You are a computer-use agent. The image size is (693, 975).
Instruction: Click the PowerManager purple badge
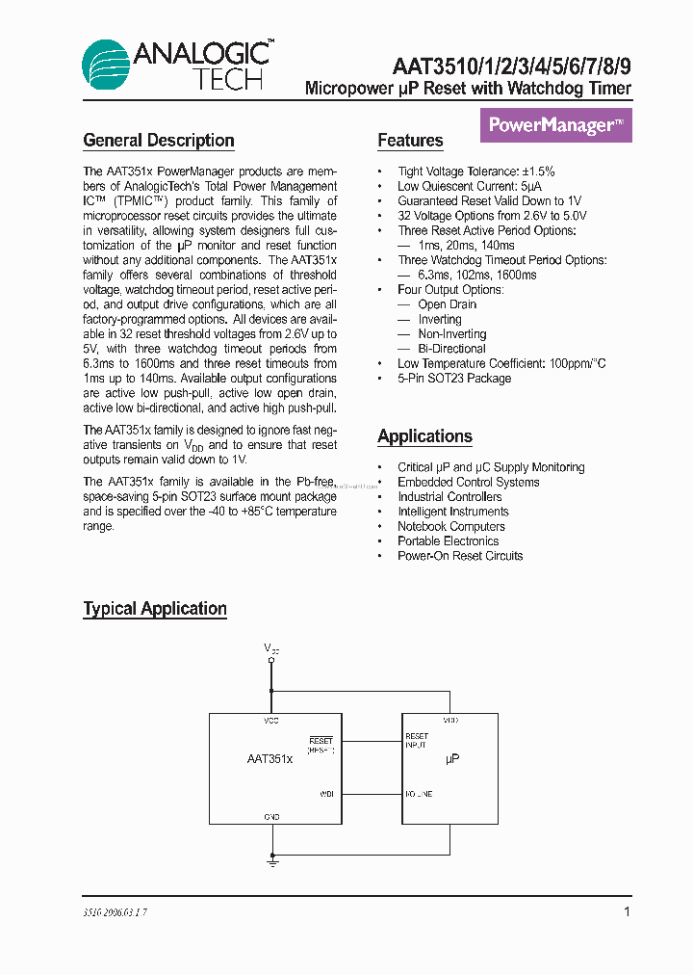[x=555, y=125]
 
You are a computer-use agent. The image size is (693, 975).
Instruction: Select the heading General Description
[x=159, y=141]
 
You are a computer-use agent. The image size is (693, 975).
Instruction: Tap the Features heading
[x=410, y=141]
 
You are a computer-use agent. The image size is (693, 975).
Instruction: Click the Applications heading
[x=424, y=436]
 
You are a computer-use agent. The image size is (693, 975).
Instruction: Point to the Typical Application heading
[x=155, y=609]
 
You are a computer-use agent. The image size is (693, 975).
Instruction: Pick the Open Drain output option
[x=447, y=304]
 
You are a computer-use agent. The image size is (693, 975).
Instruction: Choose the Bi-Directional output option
[x=451, y=349]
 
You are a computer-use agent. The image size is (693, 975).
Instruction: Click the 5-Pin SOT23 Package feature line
[x=454, y=379]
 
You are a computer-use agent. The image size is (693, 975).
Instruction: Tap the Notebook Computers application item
[x=450, y=526]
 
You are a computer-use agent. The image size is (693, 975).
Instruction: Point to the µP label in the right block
[x=451, y=759]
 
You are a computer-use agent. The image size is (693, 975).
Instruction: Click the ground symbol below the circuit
[x=272, y=863]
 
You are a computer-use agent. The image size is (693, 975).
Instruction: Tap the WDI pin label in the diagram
[x=326, y=795]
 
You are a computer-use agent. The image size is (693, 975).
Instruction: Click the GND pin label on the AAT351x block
[x=272, y=816]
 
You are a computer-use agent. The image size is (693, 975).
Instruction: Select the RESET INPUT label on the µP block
[x=417, y=740]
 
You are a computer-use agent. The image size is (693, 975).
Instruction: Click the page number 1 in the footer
[x=627, y=911]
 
